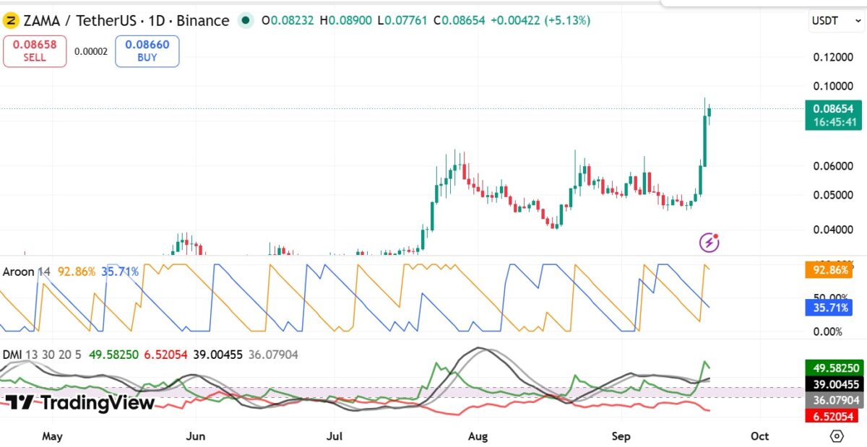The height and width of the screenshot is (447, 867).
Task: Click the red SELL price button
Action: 35,51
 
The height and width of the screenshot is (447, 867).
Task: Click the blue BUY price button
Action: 147,51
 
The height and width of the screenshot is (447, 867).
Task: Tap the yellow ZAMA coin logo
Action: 11,20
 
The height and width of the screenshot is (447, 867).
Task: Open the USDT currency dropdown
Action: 836,20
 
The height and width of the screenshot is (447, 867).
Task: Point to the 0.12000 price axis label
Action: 833,57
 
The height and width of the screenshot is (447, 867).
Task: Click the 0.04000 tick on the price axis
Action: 833,230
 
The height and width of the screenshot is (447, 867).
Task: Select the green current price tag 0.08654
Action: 833,115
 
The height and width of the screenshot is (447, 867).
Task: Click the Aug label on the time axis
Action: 478,436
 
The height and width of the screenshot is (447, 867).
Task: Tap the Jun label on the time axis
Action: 196,436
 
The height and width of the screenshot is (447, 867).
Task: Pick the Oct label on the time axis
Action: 759,436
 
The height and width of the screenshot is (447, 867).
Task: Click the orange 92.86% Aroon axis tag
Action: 829,270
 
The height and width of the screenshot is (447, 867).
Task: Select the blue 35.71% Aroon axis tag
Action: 829,308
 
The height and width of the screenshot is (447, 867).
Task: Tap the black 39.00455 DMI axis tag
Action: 834,384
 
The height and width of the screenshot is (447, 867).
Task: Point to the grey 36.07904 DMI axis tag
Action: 834,400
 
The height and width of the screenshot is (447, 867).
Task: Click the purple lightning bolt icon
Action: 709,243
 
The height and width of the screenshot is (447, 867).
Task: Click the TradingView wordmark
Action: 80,402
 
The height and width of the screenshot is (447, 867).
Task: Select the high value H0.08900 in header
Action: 345,20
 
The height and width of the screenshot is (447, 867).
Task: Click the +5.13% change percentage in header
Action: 567,20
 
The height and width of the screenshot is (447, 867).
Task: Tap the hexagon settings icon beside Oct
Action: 837,436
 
